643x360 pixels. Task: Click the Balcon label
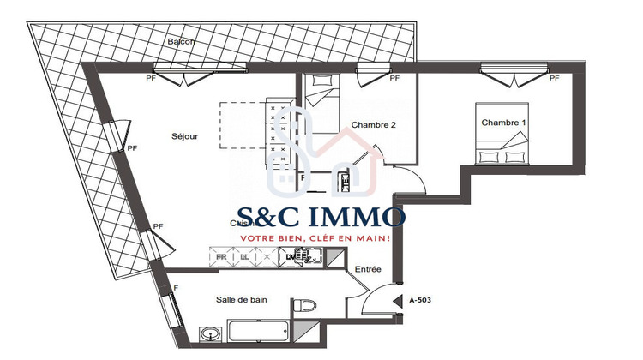pyautogui.click(x=182, y=41)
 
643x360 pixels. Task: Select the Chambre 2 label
pyautogui.click(x=374, y=125)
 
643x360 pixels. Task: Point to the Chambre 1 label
pyautogui.click(x=503, y=123)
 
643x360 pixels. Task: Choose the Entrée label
pyautogui.click(x=368, y=269)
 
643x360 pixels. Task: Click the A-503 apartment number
pyautogui.click(x=420, y=300)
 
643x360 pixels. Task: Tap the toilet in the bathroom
pyautogui.click(x=303, y=306)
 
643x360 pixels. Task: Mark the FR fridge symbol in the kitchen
pyautogui.click(x=221, y=256)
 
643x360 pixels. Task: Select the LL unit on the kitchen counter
pyautogui.click(x=244, y=256)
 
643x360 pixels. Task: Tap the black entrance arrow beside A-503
pyautogui.click(x=397, y=300)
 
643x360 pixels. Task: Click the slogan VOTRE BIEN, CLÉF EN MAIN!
pyautogui.click(x=321, y=238)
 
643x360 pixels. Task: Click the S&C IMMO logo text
pyautogui.click(x=321, y=215)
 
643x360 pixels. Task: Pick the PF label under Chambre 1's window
pyautogui.click(x=554, y=78)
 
